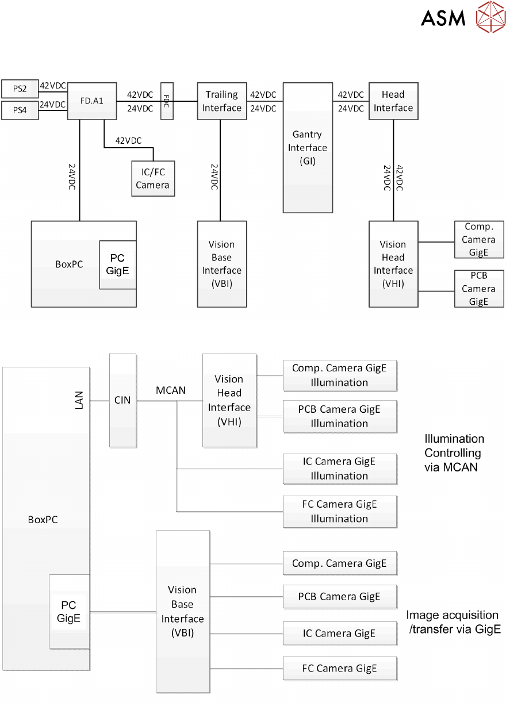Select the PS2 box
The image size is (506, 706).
[x=20, y=89]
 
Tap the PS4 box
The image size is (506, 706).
[x=20, y=109]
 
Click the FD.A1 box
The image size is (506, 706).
[x=92, y=100]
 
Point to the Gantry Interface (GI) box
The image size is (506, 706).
[x=308, y=147]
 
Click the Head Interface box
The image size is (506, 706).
[x=393, y=101]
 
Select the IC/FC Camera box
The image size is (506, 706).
[x=152, y=178]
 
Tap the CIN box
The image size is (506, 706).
[x=122, y=400]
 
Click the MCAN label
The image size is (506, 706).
[x=171, y=390]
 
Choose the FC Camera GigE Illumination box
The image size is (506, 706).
[x=339, y=511]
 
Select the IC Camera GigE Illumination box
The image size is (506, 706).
[x=339, y=469]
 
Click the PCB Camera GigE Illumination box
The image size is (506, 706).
[x=339, y=416]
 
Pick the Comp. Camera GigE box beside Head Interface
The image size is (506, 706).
[x=479, y=239]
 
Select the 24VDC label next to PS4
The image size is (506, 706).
[x=53, y=105]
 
